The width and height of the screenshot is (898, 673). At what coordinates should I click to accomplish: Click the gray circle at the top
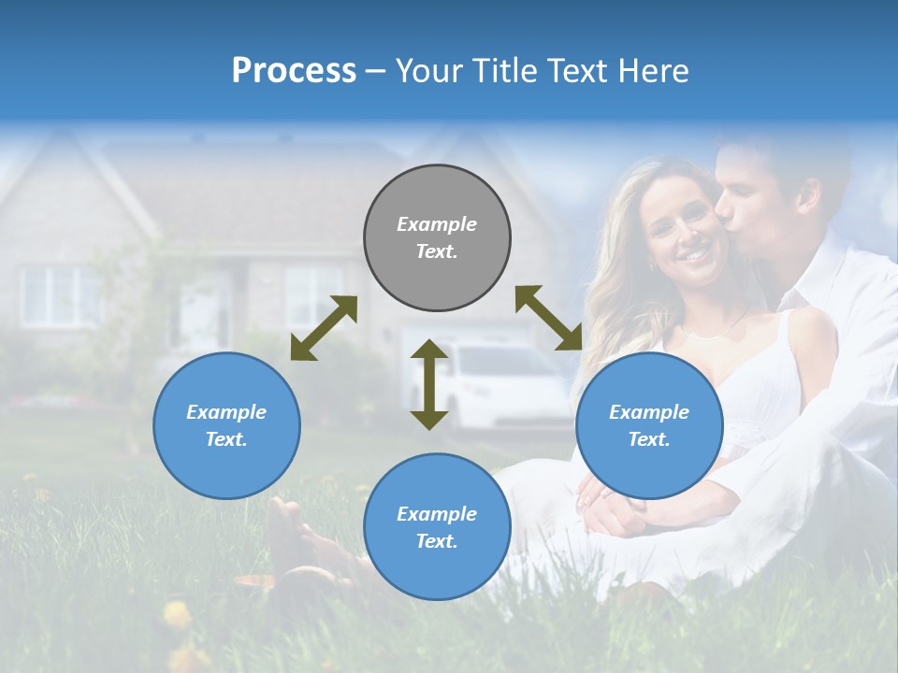pyautogui.click(x=437, y=238)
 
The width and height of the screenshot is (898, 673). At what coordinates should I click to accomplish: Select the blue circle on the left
pyautogui.click(x=226, y=425)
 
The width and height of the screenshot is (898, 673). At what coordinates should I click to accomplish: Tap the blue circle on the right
pyautogui.click(x=649, y=425)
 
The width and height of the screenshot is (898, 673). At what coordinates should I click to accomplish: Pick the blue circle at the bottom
pyautogui.click(x=437, y=527)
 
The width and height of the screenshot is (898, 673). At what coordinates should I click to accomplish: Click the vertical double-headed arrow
pyautogui.click(x=429, y=384)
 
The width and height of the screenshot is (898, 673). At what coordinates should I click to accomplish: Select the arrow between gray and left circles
pyautogui.click(x=324, y=328)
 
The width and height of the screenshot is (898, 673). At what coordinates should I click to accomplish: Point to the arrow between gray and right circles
pyautogui.click(x=549, y=318)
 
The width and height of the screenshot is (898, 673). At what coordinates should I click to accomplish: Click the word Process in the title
pyautogui.click(x=294, y=70)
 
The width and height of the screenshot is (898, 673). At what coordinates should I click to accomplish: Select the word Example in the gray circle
pyautogui.click(x=437, y=224)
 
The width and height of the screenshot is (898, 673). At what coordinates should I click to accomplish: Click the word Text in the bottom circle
pyautogui.click(x=435, y=541)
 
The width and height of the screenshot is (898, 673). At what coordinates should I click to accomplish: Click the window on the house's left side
pyautogui.click(x=58, y=295)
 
